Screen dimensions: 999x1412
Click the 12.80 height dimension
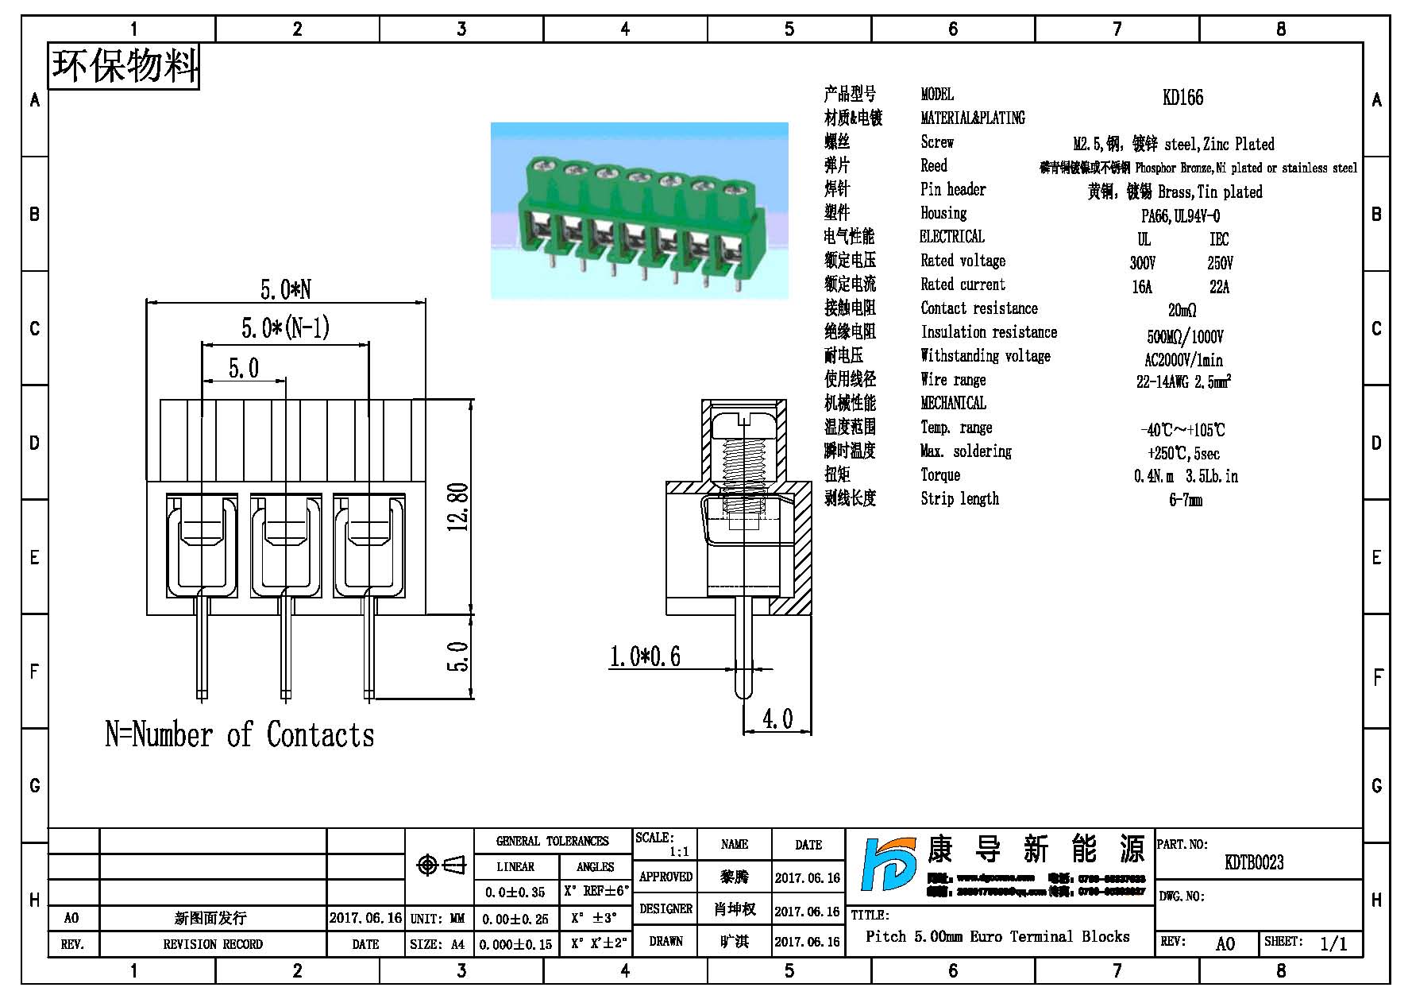click(x=458, y=507)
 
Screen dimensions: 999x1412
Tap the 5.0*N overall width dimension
click(x=285, y=289)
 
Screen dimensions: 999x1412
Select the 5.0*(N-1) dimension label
click(x=285, y=328)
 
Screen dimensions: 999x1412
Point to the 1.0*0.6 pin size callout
click(x=644, y=656)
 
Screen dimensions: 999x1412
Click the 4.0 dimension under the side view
click(x=777, y=718)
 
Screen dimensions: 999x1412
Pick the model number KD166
click(x=1182, y=98)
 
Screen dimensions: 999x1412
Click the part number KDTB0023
click(x=1254, y=862)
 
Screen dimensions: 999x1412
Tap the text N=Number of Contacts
click(x=239, y=735)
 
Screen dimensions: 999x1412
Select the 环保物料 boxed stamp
click(x=124, y=65)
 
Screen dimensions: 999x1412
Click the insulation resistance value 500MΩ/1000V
click(x=1185, y=336)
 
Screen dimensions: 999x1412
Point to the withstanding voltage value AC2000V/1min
click(x=1183, y=360)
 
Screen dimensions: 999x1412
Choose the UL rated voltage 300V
click(x=1143, y=263)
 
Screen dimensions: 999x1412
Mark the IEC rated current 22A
click(x=1219, y=287)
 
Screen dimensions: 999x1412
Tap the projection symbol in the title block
click(x=442, y=865)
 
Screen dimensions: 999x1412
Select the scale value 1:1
click(x=679, y=852)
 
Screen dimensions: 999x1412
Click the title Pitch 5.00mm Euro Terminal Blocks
click(x=997, y=936)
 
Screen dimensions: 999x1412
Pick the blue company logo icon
click(x=889, y=865)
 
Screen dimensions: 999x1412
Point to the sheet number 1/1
click(x=1333, y=943)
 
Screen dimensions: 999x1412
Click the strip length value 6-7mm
click(x=1186, y=501)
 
